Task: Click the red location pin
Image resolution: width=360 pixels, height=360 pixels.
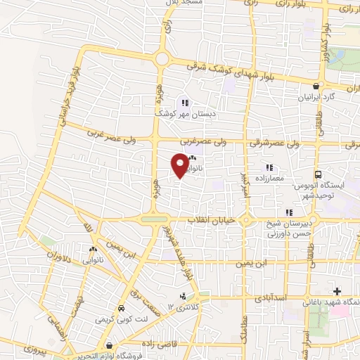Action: pos(179,165)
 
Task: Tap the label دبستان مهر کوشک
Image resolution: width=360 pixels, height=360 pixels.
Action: pos(179,112)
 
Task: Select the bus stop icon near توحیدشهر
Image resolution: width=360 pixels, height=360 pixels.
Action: pos(319,174)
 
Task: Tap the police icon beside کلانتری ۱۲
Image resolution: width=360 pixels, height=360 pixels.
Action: pos(184,297)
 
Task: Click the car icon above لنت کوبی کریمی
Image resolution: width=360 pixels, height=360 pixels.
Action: pos(122,309)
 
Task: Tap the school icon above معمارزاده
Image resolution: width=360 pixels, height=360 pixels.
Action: pos(269,167)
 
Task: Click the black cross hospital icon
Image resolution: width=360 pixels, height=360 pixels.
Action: pos(337,291)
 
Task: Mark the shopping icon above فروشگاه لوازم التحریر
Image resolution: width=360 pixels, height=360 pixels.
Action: pos(109,345)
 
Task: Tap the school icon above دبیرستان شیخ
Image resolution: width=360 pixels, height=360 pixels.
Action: pos(288,212)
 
